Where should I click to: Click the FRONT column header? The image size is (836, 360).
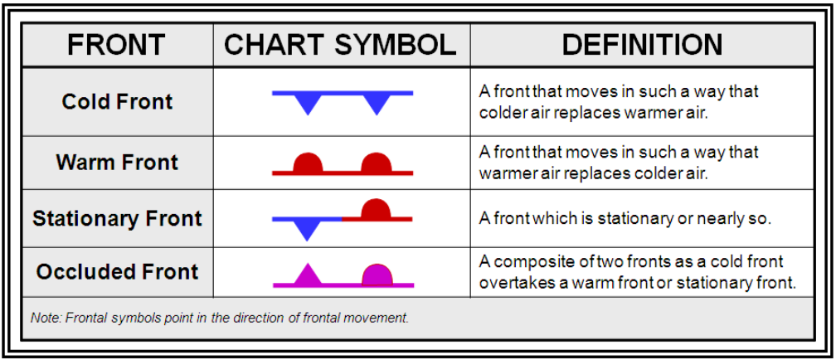116,45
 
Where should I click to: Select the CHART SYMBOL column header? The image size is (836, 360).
340,45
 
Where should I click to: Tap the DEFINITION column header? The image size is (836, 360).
643,45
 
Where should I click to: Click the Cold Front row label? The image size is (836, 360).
117,101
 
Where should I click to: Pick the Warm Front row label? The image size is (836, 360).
117,162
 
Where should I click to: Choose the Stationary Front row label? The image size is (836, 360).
117,219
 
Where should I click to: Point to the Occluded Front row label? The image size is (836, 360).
117,272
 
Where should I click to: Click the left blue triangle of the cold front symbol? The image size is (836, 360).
309,103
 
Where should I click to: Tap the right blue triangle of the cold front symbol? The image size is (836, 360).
377,103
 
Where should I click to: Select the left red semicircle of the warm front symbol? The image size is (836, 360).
308,163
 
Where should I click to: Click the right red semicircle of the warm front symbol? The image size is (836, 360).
377,163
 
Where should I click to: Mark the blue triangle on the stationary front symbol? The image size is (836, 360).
307,229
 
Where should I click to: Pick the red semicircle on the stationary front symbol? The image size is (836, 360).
377,209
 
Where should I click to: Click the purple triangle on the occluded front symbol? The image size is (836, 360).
307,275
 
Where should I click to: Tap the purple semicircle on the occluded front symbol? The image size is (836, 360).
377,274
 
